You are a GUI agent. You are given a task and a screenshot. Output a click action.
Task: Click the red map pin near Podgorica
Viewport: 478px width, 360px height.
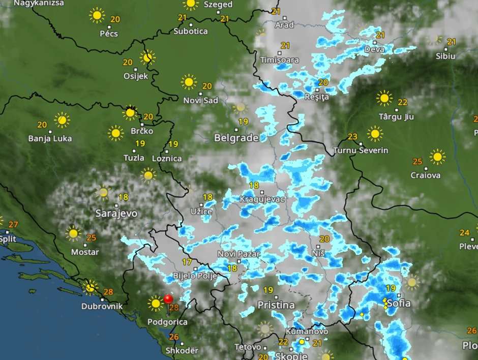pyautogui.click(x=168, y=299)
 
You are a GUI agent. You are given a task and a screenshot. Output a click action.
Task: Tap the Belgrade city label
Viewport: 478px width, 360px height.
pyautogui.click(x=236, y=138)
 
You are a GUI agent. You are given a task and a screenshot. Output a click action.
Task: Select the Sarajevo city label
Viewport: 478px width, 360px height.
pyautogui.click(x=116, y=214)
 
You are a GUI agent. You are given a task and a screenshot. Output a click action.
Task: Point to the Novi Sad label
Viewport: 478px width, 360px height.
pyautogui.click(x=201, y=100)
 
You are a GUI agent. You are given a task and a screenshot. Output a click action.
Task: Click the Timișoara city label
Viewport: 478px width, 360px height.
pyautogui.click(x=280, y=60)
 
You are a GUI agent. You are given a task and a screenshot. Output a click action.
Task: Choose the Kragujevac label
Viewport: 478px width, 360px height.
pyautogui.click(x=262, y=199)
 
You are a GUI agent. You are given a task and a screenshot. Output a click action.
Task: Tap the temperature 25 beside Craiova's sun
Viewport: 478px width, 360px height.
pyautogui.click(x=417, y=162)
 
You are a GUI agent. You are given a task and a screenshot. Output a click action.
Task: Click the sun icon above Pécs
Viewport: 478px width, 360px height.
pyautogui.click(x=97, y=15)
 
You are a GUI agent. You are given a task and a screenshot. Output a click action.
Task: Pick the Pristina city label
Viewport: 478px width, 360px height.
pyautogui.click(x=276, y=305)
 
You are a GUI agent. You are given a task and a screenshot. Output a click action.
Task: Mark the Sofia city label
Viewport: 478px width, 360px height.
pyautogui.click(x=399, y=304)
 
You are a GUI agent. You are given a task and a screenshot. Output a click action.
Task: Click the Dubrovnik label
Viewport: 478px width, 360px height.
pyautogui.click(x=102, y=307)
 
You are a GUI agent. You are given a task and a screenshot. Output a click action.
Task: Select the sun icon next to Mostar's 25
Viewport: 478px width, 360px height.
pyautogui.click(x=74, y=234)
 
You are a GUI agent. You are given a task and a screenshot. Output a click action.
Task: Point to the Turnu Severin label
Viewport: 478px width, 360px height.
pyautogui.click(x=361, y=151)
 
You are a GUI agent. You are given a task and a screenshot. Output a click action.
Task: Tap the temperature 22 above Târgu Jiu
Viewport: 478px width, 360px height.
pyautogui.click(x=403, y=102)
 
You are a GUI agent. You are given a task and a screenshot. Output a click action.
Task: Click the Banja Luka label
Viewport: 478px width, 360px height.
pyautogui.click(x=50, y=138)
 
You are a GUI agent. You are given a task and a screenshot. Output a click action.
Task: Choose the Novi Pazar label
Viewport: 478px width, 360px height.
pyautogui.click(x=238, y=254)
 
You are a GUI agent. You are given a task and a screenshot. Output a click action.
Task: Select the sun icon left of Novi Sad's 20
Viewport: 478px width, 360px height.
pyautogui.click(x=189, y=81)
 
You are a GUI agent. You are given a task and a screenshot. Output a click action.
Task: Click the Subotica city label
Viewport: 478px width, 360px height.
pyautogui.click(x=191, y=31)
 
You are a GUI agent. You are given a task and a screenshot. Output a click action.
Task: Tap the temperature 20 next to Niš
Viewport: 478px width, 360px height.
pyautogui.click(x=324, y=239)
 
